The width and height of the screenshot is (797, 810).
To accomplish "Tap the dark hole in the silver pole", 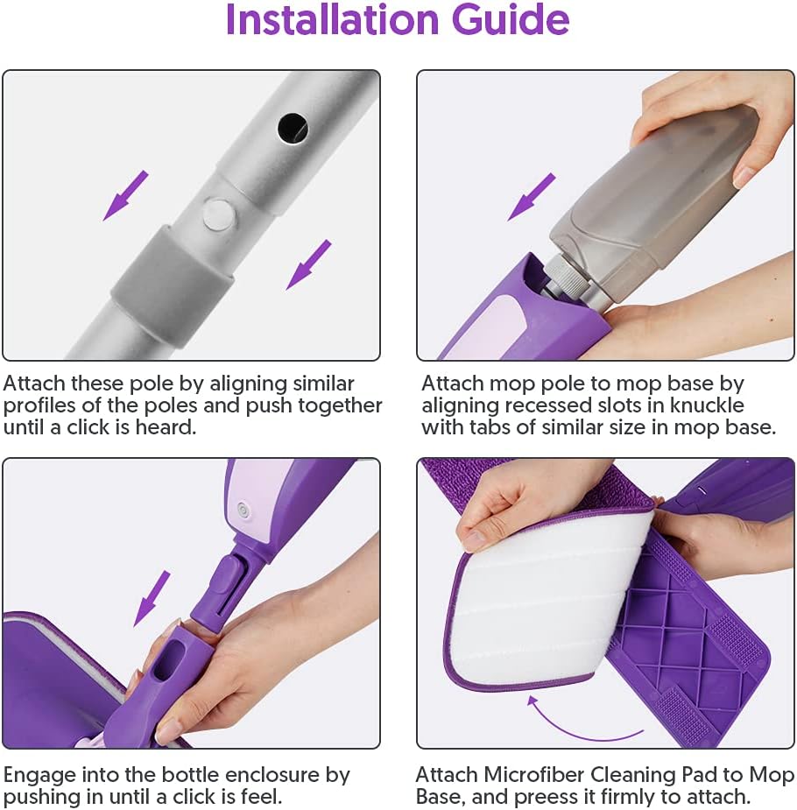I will point(293,128).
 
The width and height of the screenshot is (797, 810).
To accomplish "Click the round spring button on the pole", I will point(218,214).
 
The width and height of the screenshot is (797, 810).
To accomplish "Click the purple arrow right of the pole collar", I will point(309,264).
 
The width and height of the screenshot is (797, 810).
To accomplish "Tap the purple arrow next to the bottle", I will point(532,196).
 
